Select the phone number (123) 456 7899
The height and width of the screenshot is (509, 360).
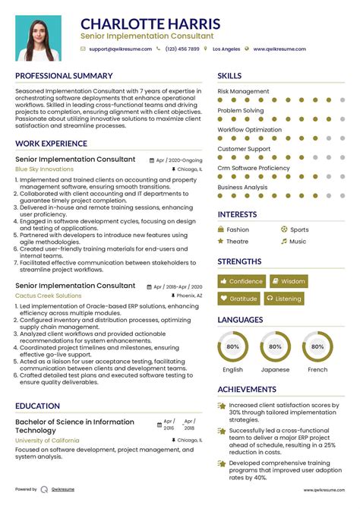tap(182, 49)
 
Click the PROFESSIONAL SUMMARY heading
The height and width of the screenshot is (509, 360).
tap(64, 76)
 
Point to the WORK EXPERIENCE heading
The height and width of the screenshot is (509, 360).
tap(51, 144)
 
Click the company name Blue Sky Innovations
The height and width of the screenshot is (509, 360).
tap(44, 169)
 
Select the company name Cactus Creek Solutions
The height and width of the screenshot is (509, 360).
tap(48, 296)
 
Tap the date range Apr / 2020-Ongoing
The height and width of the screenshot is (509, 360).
tap(179, 160)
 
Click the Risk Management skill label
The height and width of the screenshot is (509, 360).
tap(243, 91)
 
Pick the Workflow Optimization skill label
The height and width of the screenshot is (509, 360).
tap(249, 130)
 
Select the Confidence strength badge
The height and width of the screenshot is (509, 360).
tap(242, 281)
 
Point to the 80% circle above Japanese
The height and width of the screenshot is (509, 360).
tap(276, 346)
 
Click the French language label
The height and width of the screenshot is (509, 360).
tap(317, 370)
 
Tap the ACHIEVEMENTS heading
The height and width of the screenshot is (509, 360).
tap(247, 390)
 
